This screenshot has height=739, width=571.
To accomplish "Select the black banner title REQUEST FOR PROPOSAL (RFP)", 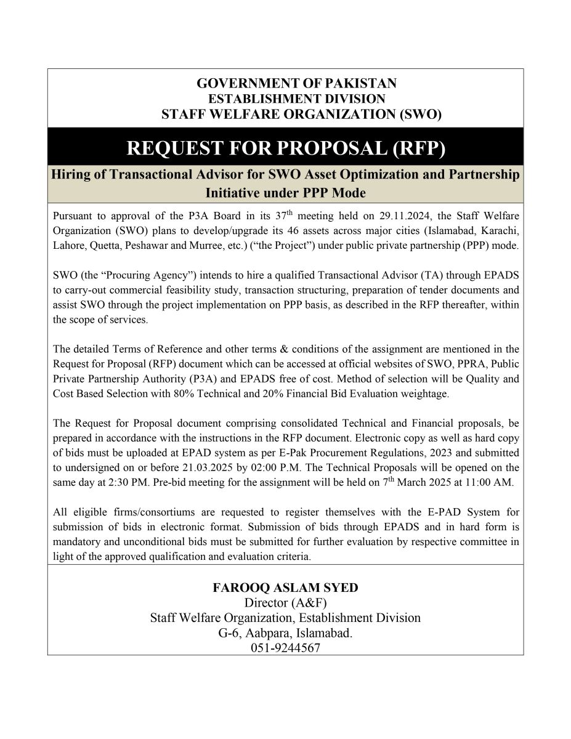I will (285, 148).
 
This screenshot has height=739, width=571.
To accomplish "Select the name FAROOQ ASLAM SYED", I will (285, 588).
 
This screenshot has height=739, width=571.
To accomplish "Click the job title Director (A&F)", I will (285, 603).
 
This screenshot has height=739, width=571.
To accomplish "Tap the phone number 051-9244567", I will (285, 647).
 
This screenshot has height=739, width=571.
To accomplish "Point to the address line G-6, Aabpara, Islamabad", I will (285, 632).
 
